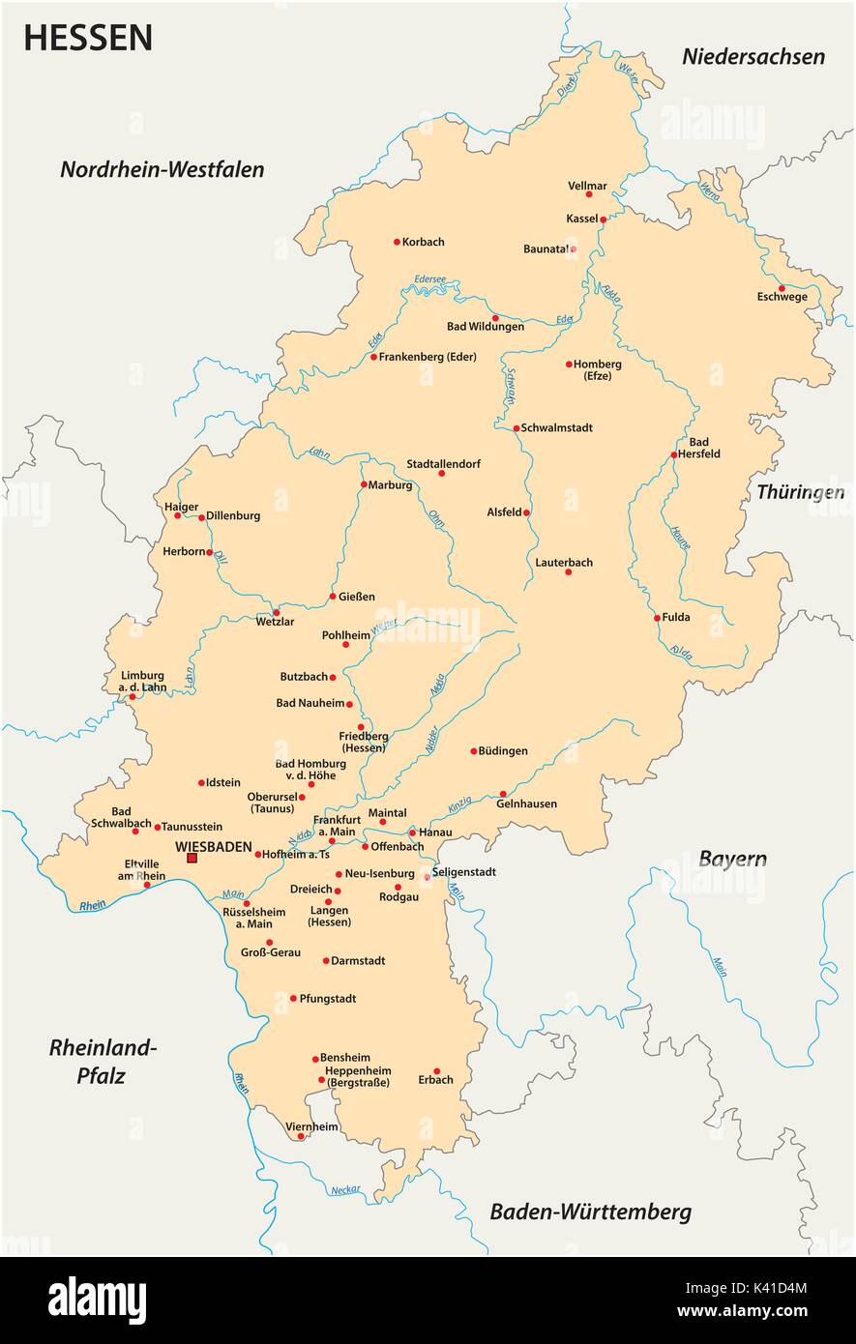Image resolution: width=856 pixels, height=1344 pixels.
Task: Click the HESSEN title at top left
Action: [x=88, y=38]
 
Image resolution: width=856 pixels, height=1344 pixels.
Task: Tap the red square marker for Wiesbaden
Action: [x=192, y=858]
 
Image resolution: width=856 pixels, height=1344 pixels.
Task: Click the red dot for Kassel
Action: [x=603, y=219]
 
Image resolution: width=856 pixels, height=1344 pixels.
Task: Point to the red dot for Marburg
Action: [x=364, y=484]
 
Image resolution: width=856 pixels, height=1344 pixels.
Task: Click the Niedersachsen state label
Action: [x=753, y=56]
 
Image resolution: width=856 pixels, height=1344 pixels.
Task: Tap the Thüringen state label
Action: [x=800, y=492]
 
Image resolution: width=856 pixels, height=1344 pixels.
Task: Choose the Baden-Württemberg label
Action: [x=590, y=1212]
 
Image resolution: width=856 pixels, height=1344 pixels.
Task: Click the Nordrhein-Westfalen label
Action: [x=162, y=169]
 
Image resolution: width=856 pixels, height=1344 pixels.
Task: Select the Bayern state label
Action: [x=732, y=859]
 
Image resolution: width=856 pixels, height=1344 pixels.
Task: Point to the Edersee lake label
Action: [x=429, y=278]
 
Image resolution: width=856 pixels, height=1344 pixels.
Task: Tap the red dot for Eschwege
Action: [x=782, y=287]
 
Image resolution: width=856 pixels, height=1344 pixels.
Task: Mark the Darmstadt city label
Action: [x=358, y=960]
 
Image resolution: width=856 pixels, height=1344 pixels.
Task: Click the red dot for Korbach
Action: [x=397, y=242]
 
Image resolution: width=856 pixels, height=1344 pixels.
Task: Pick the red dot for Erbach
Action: [x=436, y=1070]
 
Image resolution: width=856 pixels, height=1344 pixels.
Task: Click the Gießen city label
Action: [x=357, y=597]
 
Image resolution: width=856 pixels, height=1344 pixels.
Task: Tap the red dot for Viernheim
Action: [x=301, y=1136]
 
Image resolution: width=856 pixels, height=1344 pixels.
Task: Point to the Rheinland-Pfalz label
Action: [x=103, y=1061]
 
